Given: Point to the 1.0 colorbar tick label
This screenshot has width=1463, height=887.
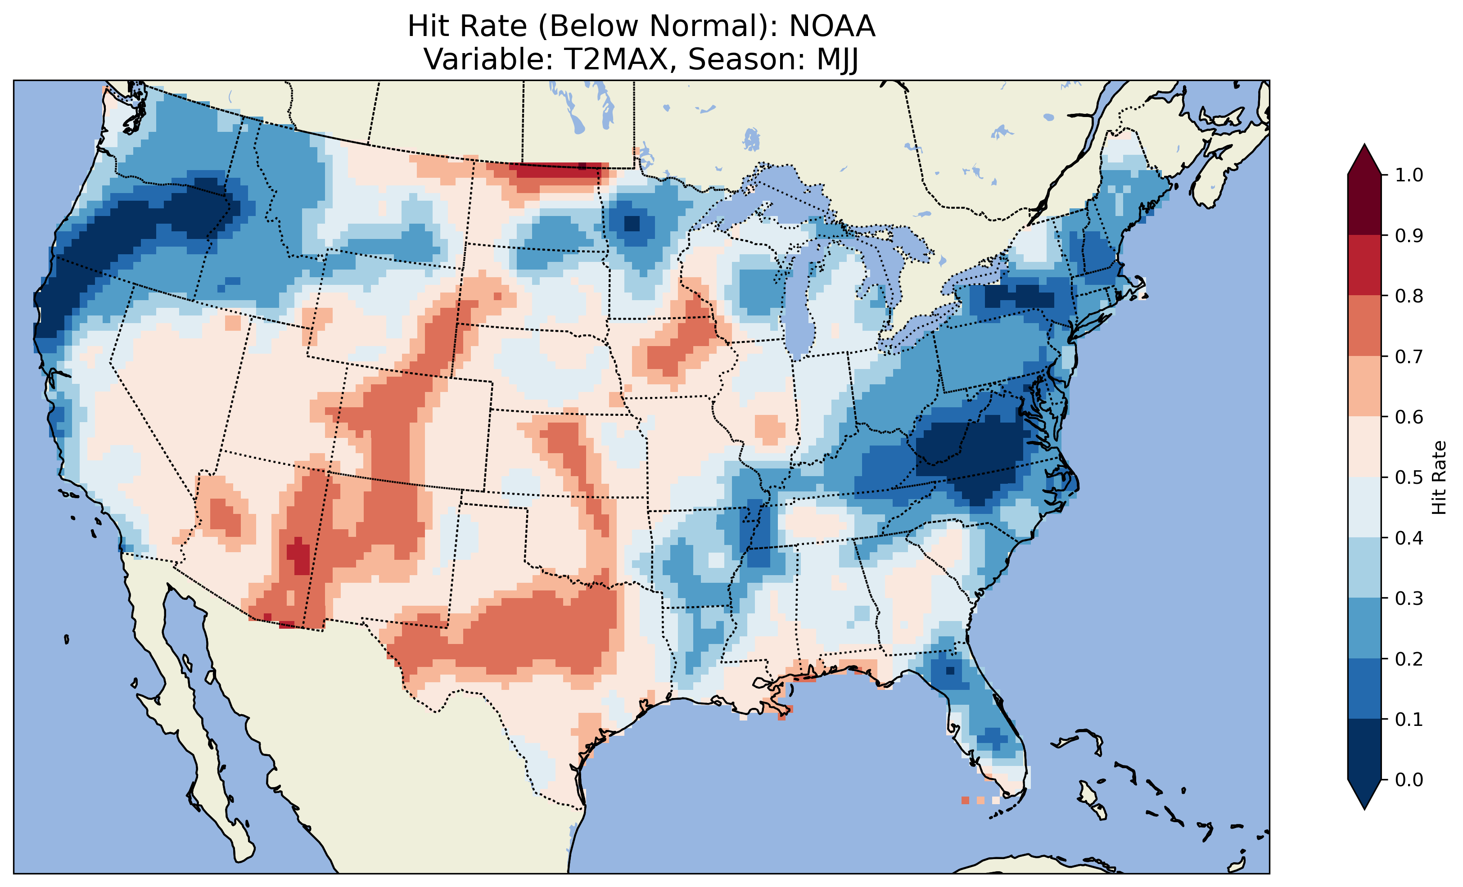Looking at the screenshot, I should point(1409,175).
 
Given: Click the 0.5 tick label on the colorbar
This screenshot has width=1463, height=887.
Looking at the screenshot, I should point(1409,477).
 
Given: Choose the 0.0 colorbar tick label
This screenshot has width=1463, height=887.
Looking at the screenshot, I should point(1409,779).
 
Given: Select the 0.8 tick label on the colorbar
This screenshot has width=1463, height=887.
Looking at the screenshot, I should point(1409,296).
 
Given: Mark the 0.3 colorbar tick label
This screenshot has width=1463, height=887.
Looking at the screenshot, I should point(1409,599).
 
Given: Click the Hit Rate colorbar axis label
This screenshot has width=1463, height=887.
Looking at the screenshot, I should point(1439,477).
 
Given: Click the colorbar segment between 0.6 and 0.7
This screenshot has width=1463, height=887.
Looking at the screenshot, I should point(1364,386).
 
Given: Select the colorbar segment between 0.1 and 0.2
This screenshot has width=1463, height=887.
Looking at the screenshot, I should point(1364,689).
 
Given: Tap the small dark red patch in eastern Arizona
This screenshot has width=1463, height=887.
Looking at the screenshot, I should point(298,555).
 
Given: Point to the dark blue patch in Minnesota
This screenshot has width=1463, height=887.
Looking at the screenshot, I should point(632,224).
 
